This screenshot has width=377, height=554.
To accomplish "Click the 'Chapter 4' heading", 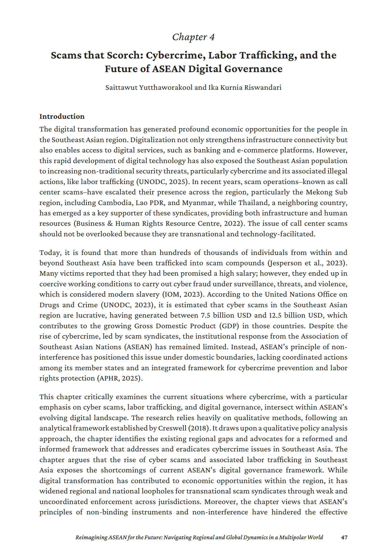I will pyautogui.click(x=193, y=37).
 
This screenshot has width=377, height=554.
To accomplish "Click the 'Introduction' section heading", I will pyautogui.click(x=62, y=116).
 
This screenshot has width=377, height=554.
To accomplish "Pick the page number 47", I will pyautogui.click(x=344, y=537).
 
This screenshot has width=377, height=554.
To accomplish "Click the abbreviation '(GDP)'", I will pyautogui.click(x=229, y=326).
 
